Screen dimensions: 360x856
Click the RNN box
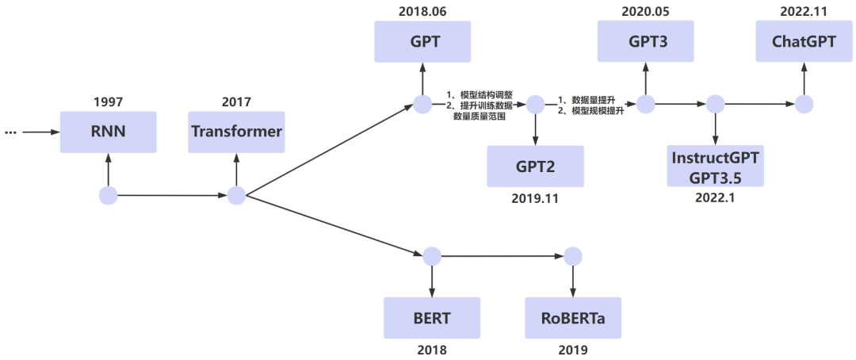pyautogui.click(x=109, y=132)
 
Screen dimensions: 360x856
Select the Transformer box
pyautogui.click(x=236, y=132)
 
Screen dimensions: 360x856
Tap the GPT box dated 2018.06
pyautogui.click(x=422, y=41)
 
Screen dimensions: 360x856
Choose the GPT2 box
pyautogui.click(x=535, y=166)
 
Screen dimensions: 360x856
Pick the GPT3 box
pyautogui.click(x=645, y=41)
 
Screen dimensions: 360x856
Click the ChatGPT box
pyautogui.click(x=804, y=41)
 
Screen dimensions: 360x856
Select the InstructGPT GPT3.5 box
pyautogui.click(x=716, y=166)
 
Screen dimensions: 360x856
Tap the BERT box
pyautogui.click(x=432, y=318)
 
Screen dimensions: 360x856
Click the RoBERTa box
pyautogui.click(x=573, y=318)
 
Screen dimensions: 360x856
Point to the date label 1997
pyautogui.click(x=109, y=101)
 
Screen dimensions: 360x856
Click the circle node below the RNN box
pyautogui.click(x=109, y=195)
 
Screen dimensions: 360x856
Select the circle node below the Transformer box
pyautogui.click(x=236, y=195)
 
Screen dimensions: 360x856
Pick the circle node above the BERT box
pyautogui.click(x=432, y=256)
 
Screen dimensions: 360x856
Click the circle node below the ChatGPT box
pyautogui.click(x=804, y=104)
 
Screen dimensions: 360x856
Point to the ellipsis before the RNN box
pyautogui.click(x=10, y=132)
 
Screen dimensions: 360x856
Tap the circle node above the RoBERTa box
pyautogui.click(x=572, y=256)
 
